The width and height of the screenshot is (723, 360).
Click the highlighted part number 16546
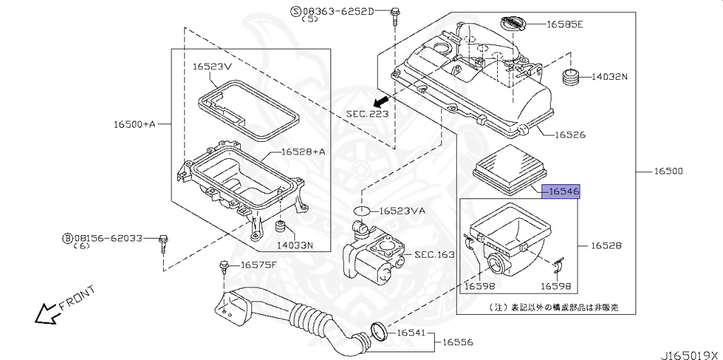click(561, 191)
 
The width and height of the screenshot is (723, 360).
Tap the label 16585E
click(565, 24)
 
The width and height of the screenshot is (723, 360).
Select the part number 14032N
click(609, 77)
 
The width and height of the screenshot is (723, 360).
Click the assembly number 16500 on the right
click(667, 172)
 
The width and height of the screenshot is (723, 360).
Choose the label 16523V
click(212, 66)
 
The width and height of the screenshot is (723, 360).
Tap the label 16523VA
click(402, 210)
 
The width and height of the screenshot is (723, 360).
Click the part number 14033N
click(294, 246)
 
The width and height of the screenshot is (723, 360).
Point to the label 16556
click(458, 342)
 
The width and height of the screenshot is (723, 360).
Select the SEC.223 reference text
click(366, 113)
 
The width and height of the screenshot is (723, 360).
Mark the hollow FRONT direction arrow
click(47, 313)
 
